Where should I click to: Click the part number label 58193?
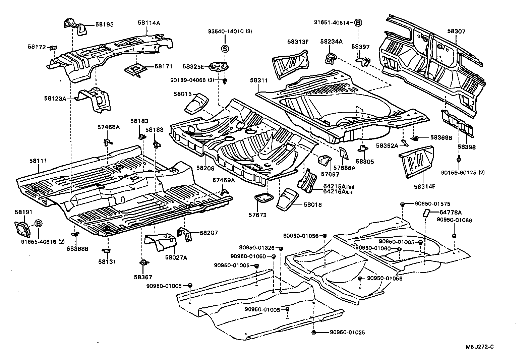pyautogui.click(x=104, y=24)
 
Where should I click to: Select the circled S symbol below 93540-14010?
pyautogui.click(x=225, y=49)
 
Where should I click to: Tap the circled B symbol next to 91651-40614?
pyautogui.click(x=358, y=23)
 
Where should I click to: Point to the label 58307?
pyautogui.click(x=456, y=32)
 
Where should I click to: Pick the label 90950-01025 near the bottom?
pyautogui.click(x=347, y=332)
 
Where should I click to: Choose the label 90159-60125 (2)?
pyautogui.click(x=463, y=173)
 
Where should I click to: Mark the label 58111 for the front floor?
pyautogui.click(x=38, y=161)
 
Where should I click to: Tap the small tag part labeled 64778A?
pyautogui.click(x=426, y=213)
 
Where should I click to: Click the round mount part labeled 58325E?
pyautogui.click(x=218, y=67)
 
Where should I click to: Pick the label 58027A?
pyautogui.click(x=176, y=257)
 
